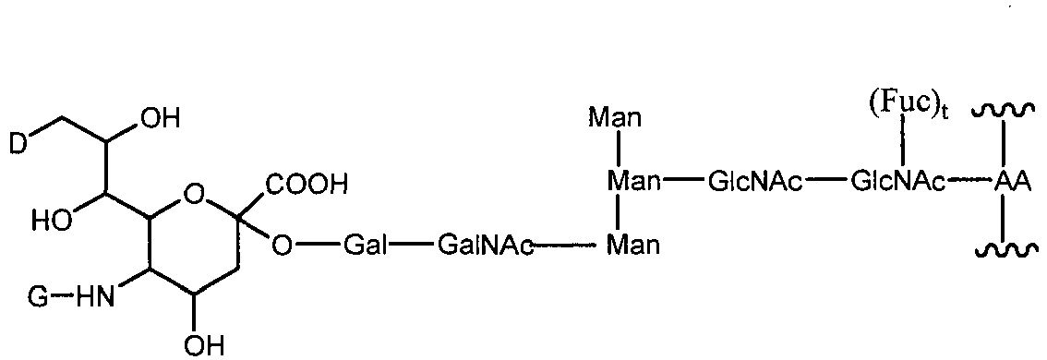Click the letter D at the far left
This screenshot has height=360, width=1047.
click(18, 142)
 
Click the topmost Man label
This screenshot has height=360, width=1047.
click(620, 119)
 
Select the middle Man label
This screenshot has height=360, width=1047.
click(632, 183)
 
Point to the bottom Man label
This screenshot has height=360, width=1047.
click(632, 245)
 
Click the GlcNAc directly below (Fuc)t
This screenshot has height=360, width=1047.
click(895, 183)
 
